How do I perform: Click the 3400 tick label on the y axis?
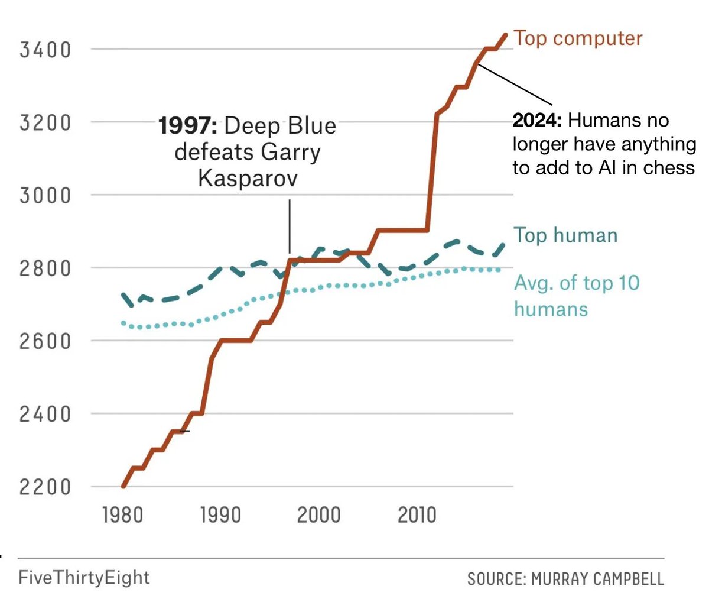tap(45, 50)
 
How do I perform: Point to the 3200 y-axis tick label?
tap(45, 123)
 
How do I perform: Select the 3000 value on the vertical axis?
tap(45, 196)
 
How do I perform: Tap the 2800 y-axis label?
tap(45, 268)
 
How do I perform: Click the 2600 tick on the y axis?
tap(45, 341)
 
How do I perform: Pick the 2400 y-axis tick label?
tap(45, 415)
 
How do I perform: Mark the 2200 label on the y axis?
tap(45, 487)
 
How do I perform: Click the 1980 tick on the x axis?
tap(122, 515)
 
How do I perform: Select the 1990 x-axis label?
tap(220, 515)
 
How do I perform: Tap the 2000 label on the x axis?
tap(318, 515)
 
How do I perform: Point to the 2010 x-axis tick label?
tap(417, 515)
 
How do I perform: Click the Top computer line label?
tap(578, 38)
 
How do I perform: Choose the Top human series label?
tap(565, 235)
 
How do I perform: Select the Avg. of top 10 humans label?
tap(576, 296)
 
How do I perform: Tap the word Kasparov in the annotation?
tap(248, 178)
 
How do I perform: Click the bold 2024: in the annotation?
tap(537, 121)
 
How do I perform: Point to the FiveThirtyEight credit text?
tap(84, 577)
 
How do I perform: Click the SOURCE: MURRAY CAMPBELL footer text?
tap(565, 578)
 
